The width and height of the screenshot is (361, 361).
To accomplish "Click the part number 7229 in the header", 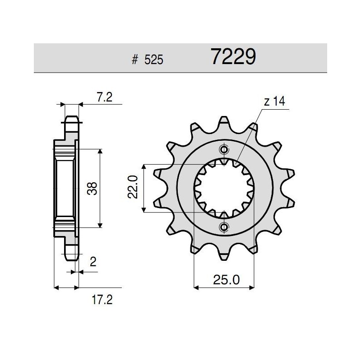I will (233, 57).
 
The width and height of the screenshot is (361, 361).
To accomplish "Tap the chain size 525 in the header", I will (154, 60).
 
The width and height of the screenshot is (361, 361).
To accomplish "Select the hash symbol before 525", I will (134, 60).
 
